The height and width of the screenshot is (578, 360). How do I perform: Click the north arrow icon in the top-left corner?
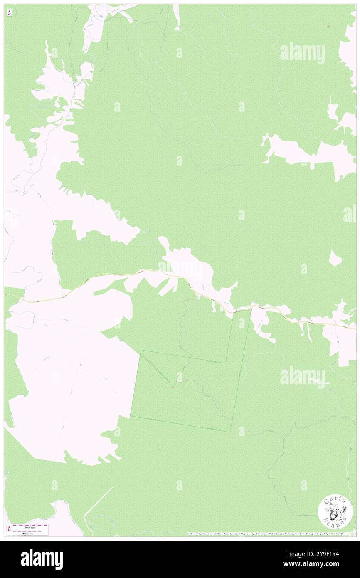tap(9, 13)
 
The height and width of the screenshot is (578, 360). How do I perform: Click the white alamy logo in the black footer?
tap(42, 559)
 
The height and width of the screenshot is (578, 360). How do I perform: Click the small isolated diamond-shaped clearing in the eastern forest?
tap(335, 258)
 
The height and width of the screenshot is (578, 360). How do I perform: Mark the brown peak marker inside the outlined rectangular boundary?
tap(173, 387)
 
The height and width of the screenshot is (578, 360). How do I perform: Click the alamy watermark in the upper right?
tap(302, 53)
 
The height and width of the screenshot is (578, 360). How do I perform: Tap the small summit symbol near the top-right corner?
tap(329, 27)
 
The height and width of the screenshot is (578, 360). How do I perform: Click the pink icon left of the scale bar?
tap(9, 529)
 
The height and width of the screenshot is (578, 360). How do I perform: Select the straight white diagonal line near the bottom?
tap(98, 502)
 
